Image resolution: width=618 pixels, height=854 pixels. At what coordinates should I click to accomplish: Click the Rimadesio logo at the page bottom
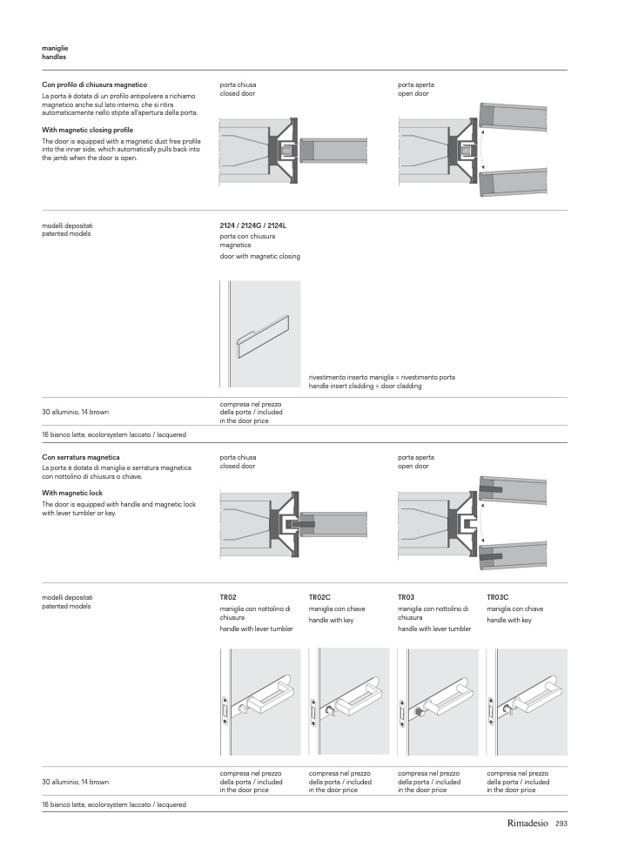pos(527,824)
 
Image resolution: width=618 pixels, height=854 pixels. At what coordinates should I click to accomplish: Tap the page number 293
pos(561,824)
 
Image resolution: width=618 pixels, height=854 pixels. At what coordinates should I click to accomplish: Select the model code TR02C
pos(319,598)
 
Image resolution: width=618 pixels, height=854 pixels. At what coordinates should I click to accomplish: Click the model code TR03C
pos(497,598)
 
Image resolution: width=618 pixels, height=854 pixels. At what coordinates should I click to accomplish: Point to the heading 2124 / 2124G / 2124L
pos(253,225)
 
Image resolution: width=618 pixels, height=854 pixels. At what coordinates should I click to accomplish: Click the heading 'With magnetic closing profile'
pos(87,130)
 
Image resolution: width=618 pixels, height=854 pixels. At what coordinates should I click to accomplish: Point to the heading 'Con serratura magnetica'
pos(81,457)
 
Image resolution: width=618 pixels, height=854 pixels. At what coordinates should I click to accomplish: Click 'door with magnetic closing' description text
pos(260,256)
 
